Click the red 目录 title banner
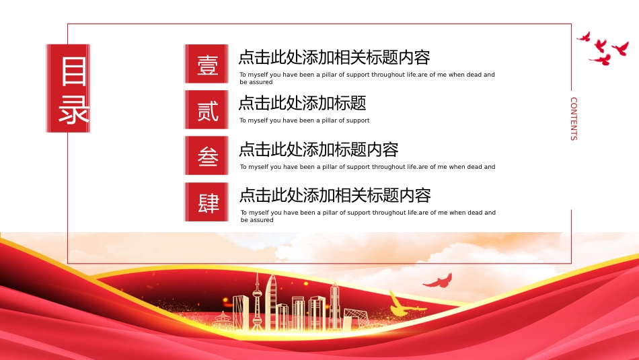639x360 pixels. (68, 88)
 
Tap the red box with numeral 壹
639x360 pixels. (206, 64)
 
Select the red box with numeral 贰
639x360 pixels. (206, 110)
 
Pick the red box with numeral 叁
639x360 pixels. (206, 155)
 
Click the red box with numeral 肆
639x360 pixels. (206, 202)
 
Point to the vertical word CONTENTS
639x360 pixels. (574, 118)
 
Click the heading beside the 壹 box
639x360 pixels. (334, 57)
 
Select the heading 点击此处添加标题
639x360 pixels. (303, 103)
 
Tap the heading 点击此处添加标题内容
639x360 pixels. (318, 149)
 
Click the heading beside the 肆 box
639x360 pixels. (335, 195)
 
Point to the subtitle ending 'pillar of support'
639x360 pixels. (305, 120)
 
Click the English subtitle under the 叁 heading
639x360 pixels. (367, 167)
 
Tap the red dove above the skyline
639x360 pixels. (438, 281)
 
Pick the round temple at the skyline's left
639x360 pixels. (223, 321)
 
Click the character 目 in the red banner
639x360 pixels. (74, 71)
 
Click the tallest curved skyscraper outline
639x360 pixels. (272, 301)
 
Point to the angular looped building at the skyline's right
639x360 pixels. (356, 318)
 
